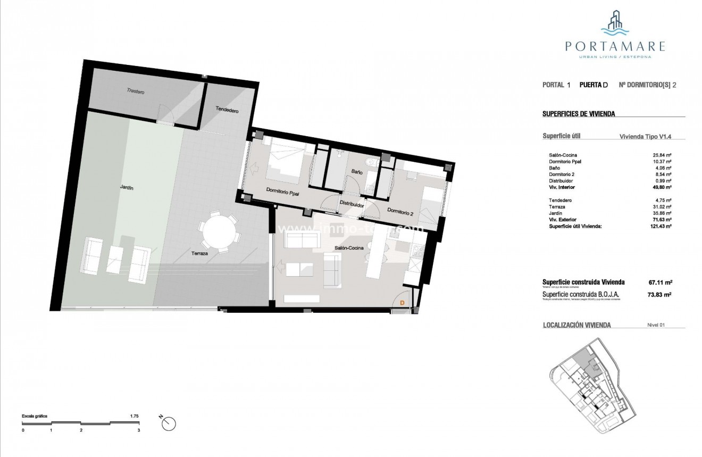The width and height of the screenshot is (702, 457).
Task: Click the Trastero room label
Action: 136,92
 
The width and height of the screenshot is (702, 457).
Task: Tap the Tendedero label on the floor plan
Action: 227,110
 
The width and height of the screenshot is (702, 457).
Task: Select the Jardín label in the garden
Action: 126,188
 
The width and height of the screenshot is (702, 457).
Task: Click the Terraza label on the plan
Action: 199,254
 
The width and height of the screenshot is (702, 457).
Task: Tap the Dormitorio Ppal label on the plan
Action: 282,194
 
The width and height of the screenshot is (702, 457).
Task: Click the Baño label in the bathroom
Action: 356,172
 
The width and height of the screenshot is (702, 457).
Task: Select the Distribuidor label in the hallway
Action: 352,204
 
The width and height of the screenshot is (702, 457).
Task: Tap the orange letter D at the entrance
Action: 402,303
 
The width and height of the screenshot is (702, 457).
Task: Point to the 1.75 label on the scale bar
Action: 134,416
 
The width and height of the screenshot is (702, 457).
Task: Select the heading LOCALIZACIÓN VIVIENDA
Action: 576,325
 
